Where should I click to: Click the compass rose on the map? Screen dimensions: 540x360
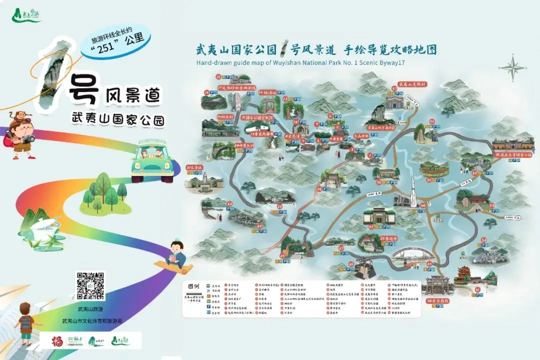(x=511, y=67)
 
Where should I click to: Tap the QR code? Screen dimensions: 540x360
(x=90, y=285)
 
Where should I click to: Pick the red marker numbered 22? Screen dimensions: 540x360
(x=229, y=203)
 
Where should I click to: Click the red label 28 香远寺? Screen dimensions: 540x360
(x=388, y=239)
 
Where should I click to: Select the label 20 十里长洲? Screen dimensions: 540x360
(x=244, y=145)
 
